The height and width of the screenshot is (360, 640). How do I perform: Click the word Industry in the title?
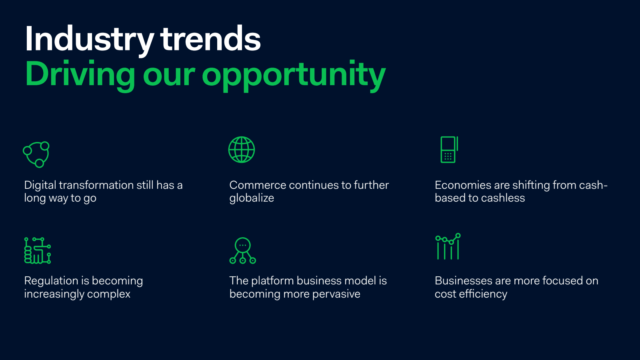(x=90, y=40)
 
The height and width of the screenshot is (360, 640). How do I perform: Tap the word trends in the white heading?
(x=210, y=38)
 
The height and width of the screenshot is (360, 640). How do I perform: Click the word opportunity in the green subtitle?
(x=294, y=76)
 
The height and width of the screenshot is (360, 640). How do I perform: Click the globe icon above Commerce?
(x=242, y=150)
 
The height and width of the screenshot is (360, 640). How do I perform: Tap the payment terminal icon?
(x=450, y=150)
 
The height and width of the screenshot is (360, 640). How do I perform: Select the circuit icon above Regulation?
(x=38, y=250)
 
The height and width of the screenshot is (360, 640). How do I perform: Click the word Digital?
(x=40, y=186)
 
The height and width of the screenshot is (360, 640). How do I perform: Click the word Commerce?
(x=258, y=185)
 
